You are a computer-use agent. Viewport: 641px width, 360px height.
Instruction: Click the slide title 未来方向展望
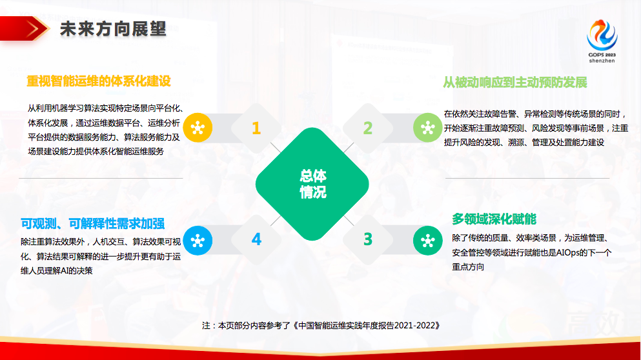click(x=113, y=29)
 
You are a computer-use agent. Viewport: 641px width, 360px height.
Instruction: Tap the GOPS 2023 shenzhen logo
click(x=602, y=41)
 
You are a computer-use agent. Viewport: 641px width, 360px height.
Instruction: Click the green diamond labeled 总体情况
click(x=312, y=185)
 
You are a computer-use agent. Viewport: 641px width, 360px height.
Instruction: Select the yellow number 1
click(x=256, y=128)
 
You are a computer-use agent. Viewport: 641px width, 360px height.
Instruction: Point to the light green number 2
click(x=367, y=128)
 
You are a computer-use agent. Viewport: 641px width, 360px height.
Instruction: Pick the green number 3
click(x=367, y=239)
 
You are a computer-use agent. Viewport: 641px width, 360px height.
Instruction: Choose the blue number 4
click(x=256, y=239)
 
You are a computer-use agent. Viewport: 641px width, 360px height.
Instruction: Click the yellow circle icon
click(x=198, y=128)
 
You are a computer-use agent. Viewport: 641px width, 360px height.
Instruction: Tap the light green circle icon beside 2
click(x=427, y=128)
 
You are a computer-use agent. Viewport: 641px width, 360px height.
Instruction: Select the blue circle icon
click(x=198, y=241)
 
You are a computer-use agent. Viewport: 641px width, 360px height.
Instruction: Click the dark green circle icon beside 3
click(x=427, y=241)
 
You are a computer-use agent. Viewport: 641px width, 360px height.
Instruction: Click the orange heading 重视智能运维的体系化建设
click(x=99, y=81)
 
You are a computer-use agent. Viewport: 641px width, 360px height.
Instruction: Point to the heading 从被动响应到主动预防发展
click(x=515, y=83)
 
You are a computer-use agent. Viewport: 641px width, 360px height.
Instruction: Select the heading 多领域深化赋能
click(x=494, y=219)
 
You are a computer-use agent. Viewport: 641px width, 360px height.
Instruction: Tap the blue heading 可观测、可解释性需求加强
click(x=92, y=224)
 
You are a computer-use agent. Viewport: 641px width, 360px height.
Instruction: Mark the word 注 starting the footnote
click(x=206, y=326)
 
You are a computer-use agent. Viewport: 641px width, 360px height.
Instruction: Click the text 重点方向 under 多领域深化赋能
click(x=468, y=267)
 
